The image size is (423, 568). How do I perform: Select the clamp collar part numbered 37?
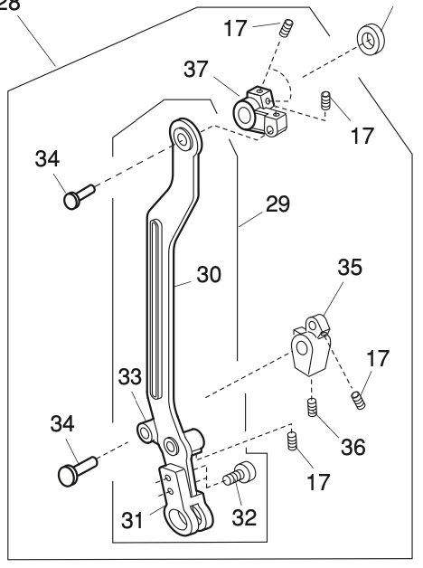pos(258,109)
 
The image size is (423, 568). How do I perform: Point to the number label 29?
pos(277,204)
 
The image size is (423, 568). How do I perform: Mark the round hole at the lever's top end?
pos(185,137)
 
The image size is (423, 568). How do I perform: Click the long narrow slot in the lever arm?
pos(155,308)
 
